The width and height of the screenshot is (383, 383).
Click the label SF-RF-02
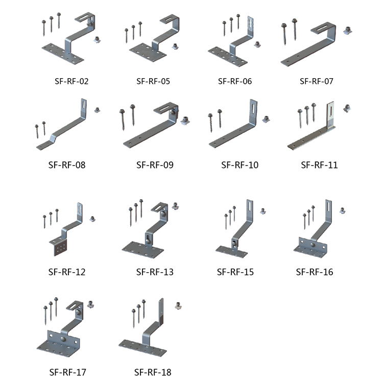click(x=71, y=81)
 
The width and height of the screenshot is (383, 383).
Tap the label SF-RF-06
click(x=235, y=81)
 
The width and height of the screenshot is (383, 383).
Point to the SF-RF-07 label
click(x=317, y=81)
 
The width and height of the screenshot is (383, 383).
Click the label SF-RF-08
click(x=67, y=165)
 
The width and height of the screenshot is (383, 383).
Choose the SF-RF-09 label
click(x=155, y=165)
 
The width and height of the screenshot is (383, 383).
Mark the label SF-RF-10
click(x=240, y=165)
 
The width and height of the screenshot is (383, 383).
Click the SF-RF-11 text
click(x=319, y=165)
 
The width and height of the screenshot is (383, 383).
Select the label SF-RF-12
click(x=67, y=272)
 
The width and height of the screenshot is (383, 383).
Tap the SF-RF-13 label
click(x=155, y=272)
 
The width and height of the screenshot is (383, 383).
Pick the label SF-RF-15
click(x=235, y=272)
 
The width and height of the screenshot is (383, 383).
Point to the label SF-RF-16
click(x=315, y=272)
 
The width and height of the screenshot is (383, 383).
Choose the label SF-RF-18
click(x=153, y=372)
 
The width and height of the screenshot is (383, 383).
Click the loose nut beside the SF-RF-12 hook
click(x=93, y=219)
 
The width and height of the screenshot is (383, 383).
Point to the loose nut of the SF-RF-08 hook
click(x=97, y=109)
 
